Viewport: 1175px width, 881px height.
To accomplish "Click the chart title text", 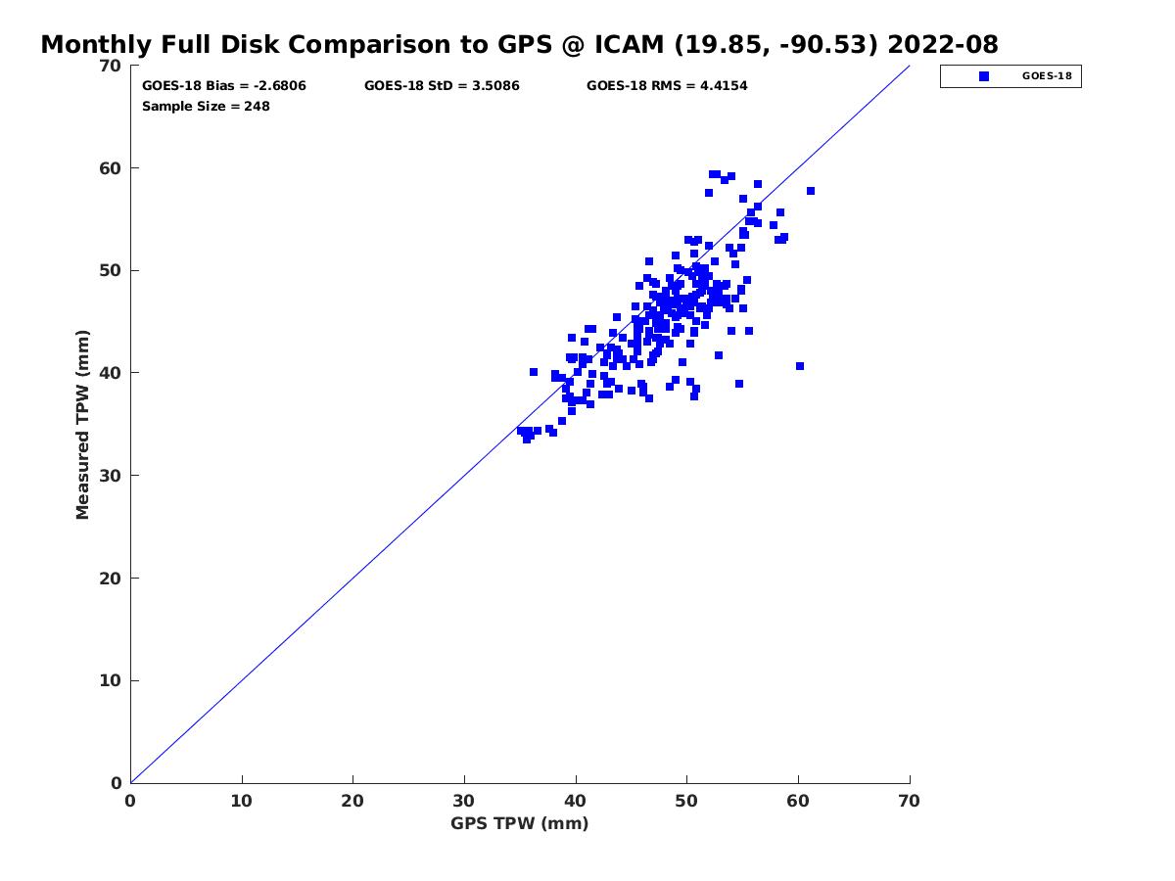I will pyautogui.click(x=519, y=45).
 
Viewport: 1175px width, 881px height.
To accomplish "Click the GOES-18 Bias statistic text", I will pyautogui.click(x=224, y=86).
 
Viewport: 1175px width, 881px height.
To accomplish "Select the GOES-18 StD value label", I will pyautogui.click(x=442, y=86).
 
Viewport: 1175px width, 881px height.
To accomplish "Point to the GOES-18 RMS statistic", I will pyautogui.click(x=667, y=86).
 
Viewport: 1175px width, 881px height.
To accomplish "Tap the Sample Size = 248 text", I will pyautogui.click(x=206, y=107).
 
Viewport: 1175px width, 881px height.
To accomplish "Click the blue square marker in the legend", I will pyautogui.click(x=984, y=76).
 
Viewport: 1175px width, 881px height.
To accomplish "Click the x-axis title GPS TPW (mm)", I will pyautogui.click(x=519, y=823).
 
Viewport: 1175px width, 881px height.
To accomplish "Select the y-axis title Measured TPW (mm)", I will pyautogui.click(x=83, y=425).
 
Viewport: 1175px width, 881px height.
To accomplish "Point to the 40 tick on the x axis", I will pyautogui.click(x=576, y=801).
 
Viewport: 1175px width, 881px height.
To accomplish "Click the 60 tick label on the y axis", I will pyautogui.click(x=112, y=168).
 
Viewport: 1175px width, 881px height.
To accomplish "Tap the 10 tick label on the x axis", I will pyautogui.click(x=242, y=801).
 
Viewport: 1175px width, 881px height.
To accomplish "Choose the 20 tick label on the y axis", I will pyautogui.click(x=112, y=579).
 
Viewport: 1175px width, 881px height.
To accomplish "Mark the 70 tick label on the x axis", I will pyautogui.click(x=910, y=801).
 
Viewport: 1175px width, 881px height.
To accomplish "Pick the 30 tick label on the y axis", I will pyautogui.click(x=112, y=476).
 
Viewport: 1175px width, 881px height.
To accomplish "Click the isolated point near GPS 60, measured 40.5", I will pyautogui.click(x=800, y=366).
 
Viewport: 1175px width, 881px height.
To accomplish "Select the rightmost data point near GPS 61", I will pyautogui.click(x=811, y=191).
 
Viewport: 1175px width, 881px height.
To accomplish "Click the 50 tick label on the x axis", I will pyautogui.click(x=687, y=801).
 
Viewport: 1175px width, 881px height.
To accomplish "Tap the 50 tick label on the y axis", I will pyautogui.click(x=112, y=271).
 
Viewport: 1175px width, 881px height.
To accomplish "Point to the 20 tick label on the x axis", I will pyautogui.click(x=353, y=801).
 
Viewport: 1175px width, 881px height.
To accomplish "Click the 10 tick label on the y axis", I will pyautogui.click(x=112, y=681).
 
